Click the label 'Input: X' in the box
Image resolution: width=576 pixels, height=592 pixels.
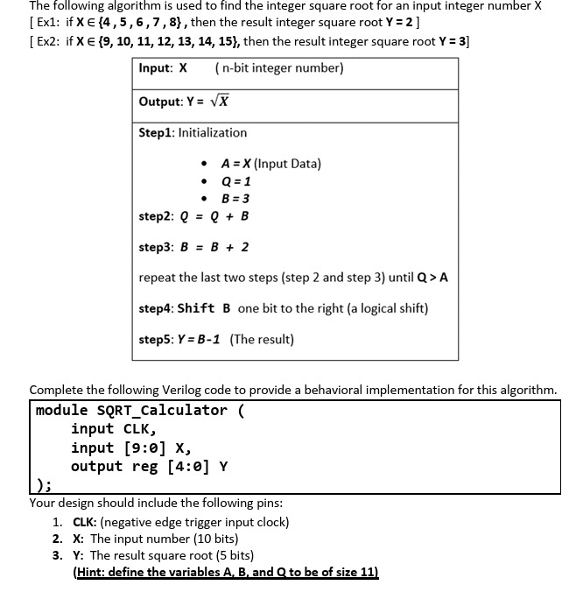(x=163, y=68)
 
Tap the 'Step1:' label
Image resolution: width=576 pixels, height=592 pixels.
(x=157, y=132)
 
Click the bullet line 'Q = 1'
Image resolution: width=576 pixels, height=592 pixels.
(x=235, y=181)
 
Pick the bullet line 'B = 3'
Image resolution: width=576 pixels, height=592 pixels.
(x=235, y=198)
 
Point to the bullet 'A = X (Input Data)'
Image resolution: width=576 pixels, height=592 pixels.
(x=271, y=164)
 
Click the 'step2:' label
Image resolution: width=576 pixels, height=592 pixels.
(x=156, y=216)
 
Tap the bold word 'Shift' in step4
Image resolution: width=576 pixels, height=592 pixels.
(x=197, y=308)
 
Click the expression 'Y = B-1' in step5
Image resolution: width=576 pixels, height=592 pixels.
(x=200, y=339)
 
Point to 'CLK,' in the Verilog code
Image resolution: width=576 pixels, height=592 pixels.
(x=138, y=428)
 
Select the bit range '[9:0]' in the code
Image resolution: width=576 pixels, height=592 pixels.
(x=138, y=447)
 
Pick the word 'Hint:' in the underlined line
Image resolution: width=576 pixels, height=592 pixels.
(x=92, y=572)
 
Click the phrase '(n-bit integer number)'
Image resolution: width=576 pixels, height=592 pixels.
(x=278, y=68)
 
